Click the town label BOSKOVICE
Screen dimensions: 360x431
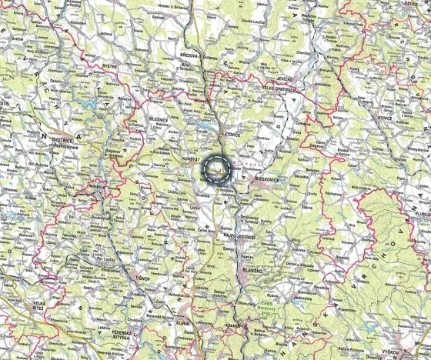tap(268, 179)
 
